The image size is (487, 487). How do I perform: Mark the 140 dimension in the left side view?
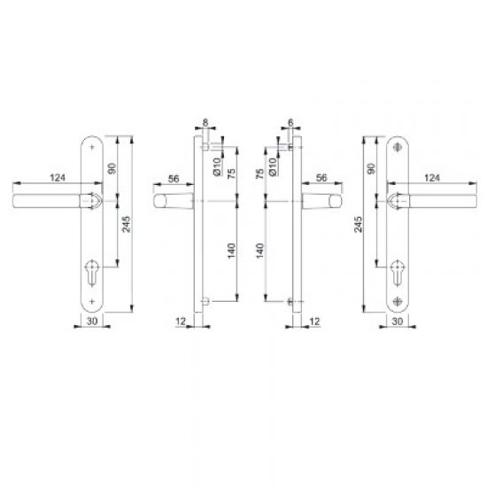pos(233,251)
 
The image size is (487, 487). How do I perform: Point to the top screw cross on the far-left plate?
pos(91,147)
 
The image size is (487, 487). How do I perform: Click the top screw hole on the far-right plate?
pos(396,147)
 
